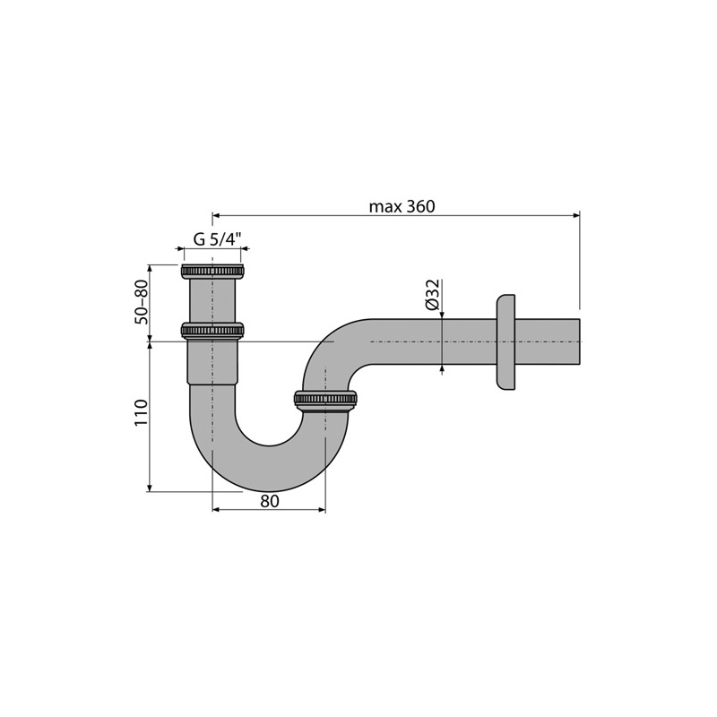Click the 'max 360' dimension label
point(402,206)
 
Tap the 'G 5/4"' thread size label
point(217,239)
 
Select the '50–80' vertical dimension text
point(142,302)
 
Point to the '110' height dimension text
point(142,413)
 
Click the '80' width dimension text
point(270,501)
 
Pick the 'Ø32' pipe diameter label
point(432,295)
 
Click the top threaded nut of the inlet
point(212,272)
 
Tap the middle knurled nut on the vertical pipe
point(212,330)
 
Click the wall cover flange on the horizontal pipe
point(505,342)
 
